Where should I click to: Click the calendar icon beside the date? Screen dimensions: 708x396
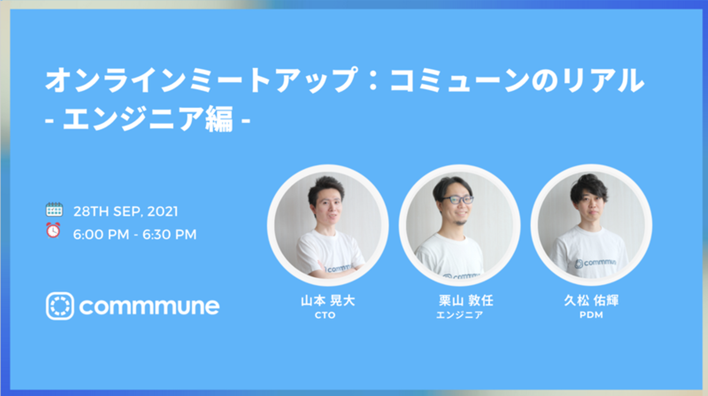coord(55,210)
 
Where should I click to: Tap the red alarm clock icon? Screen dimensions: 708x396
coord(53,230)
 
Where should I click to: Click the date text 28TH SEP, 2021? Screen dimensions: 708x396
coord(126,212)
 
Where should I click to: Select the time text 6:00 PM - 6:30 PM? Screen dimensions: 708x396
coord(135,235)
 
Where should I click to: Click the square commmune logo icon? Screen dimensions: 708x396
coord(60,306)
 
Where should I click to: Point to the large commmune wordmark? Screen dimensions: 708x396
coord(149,306)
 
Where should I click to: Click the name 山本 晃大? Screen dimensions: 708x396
coord(328,301)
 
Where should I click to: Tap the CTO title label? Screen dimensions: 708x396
coord(325,315)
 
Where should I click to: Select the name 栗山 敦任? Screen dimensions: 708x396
coord(466,301)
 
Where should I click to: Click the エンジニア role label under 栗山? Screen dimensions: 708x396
coord(460,315)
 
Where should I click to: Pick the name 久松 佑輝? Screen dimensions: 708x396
coord(591,301)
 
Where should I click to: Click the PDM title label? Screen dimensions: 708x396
coord(591,315)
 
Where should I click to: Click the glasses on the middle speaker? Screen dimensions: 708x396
coord(457,200)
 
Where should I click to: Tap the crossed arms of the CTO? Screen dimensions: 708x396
coord(335,269)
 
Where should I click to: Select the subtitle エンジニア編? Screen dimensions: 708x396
coord(148,119)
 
